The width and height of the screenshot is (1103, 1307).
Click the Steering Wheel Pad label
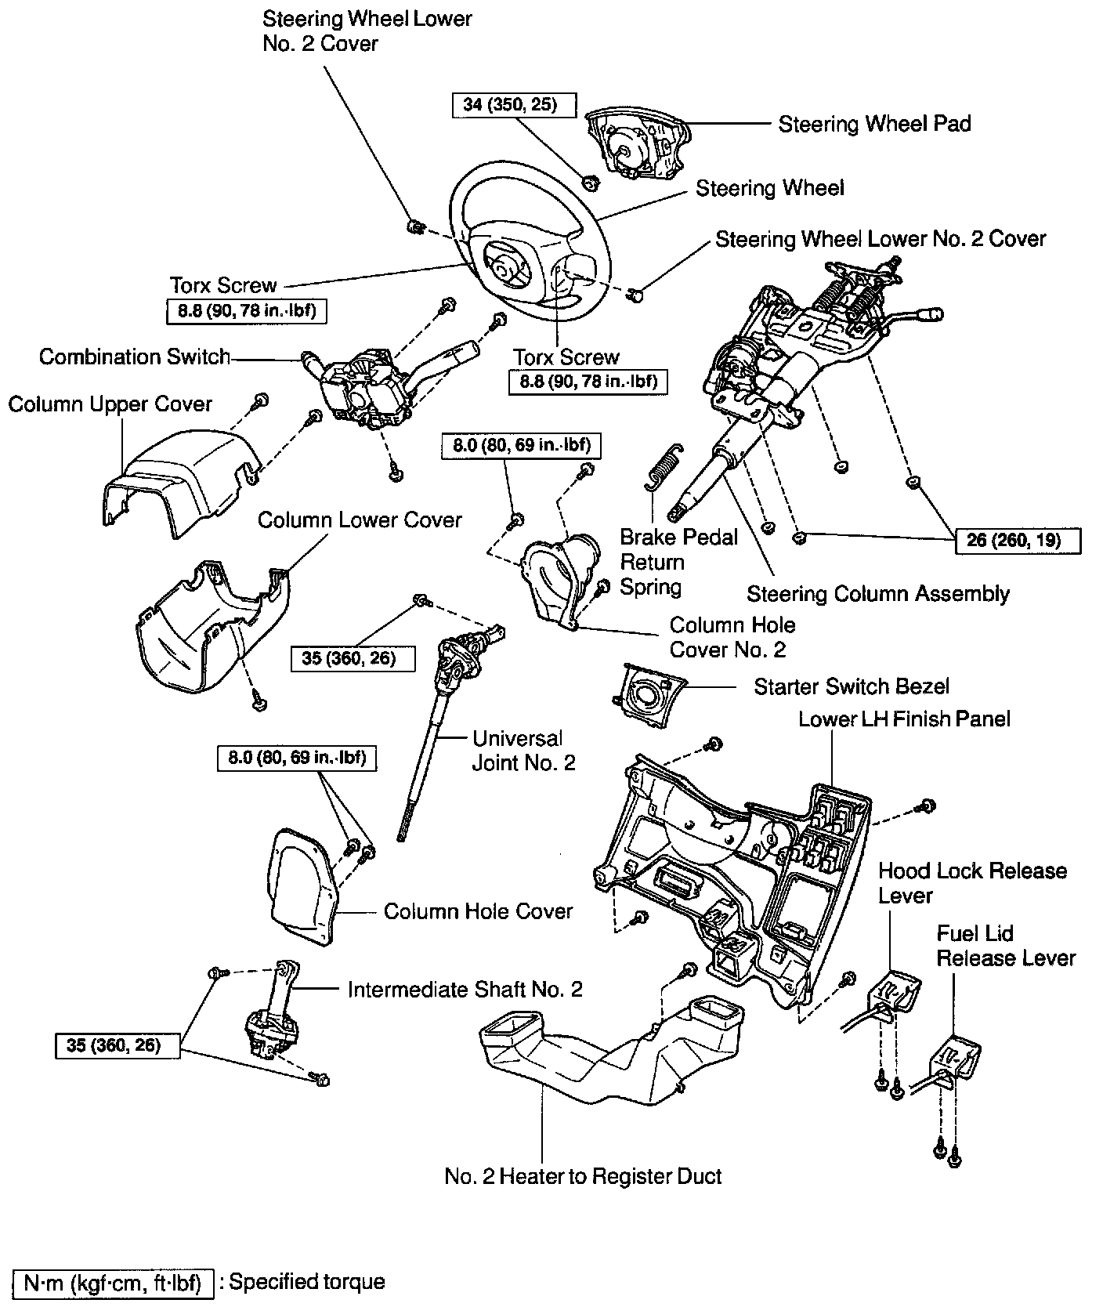click(x=874, y=124)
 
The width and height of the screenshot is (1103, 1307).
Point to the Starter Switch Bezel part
click(x=647, y=692)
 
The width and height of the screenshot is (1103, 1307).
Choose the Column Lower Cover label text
click(x=360, y=520)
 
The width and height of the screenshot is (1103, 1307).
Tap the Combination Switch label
click(x=135, y=357)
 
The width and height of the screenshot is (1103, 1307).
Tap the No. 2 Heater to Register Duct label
click(x=583, y=1176)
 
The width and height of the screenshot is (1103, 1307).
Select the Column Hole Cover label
click(x=478, y=911)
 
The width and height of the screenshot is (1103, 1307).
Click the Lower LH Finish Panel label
click(x=904, y=719)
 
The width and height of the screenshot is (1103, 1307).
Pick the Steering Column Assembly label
click(x=877, y=594)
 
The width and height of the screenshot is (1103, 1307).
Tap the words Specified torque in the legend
click(x=306, y=1282)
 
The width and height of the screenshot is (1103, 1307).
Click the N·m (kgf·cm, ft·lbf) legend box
click(x=113, y=1283)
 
